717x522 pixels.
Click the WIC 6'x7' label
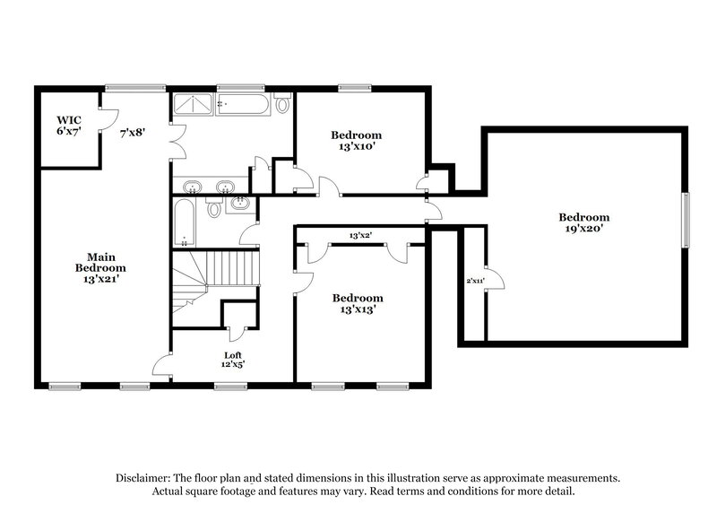tap(69, 126)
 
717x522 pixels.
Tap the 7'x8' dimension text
tap(133, 132)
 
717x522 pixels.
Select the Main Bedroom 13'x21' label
tap(99, 267)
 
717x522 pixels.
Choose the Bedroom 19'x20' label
tap(583, 222)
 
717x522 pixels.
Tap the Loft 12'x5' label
tap(233, 360)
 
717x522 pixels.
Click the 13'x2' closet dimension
tap(361, 236)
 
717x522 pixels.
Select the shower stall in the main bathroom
tap(193, 105)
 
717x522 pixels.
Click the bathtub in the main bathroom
tap(243, 105)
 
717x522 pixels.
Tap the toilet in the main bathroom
tap(282, 105)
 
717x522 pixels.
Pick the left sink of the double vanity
tap(193, 187)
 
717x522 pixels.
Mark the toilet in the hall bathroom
tap(213, 210)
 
